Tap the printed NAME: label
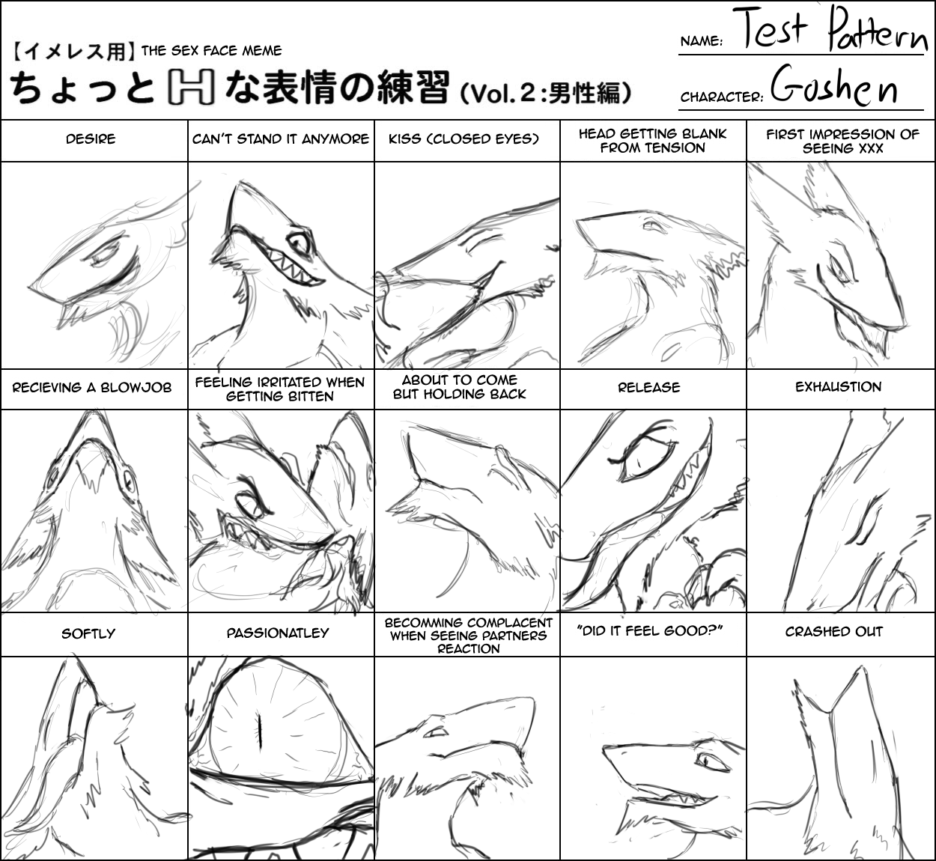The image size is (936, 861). [x=702, y=41]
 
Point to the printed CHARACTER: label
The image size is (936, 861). [x=722, y=97]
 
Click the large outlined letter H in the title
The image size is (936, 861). [x=190, y=87]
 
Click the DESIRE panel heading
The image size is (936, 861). [x=91, y=139]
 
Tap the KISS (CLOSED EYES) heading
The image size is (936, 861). [x=464, y=139]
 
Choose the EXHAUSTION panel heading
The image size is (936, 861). [x=838, y=387]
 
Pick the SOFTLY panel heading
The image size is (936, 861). [x=88, y=633]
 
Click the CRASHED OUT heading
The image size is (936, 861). [x=834, y=632]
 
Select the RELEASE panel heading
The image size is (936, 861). [x=649, y=387]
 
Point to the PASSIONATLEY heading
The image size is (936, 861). [x=278, y=633]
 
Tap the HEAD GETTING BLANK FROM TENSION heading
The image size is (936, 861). [x=652, y=141]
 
